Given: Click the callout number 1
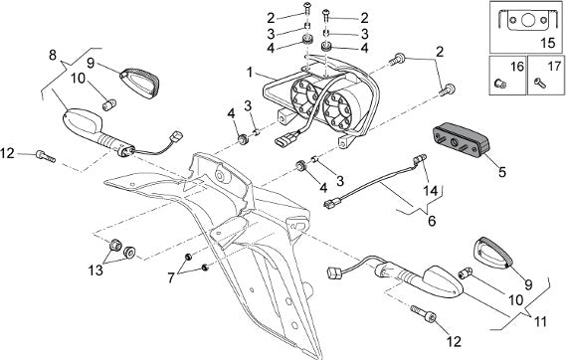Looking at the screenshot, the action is [x=250, y=73].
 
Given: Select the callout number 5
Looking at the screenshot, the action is [x=502, y=172].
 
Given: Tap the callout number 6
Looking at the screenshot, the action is [x=432, y=220].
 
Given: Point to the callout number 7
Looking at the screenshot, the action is [x=171, y=277].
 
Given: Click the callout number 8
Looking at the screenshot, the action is [x=53, y=55].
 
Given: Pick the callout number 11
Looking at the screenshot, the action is [x=540, y=321].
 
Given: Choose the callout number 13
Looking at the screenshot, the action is [x=95, y=270].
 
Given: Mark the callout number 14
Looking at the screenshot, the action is [x=431, y=191].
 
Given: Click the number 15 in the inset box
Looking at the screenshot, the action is [x=547, y=43].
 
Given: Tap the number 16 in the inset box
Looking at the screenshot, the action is [x=517, y=67].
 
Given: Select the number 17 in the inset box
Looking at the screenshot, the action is [x=554, y=67].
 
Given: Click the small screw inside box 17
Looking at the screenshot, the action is [x=540, y=85].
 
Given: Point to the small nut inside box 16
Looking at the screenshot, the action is [x=500, y=84].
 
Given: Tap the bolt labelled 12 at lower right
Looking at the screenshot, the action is [x=424, y=314].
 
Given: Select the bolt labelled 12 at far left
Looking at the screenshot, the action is [x=46, y=156].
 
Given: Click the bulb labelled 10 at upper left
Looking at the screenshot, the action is [x=108, y=105].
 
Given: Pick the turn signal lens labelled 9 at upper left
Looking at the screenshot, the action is [x=139, y=84].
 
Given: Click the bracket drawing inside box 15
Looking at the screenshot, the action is [x=526, y=20].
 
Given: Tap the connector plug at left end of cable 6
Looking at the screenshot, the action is [x=330, y=205].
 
